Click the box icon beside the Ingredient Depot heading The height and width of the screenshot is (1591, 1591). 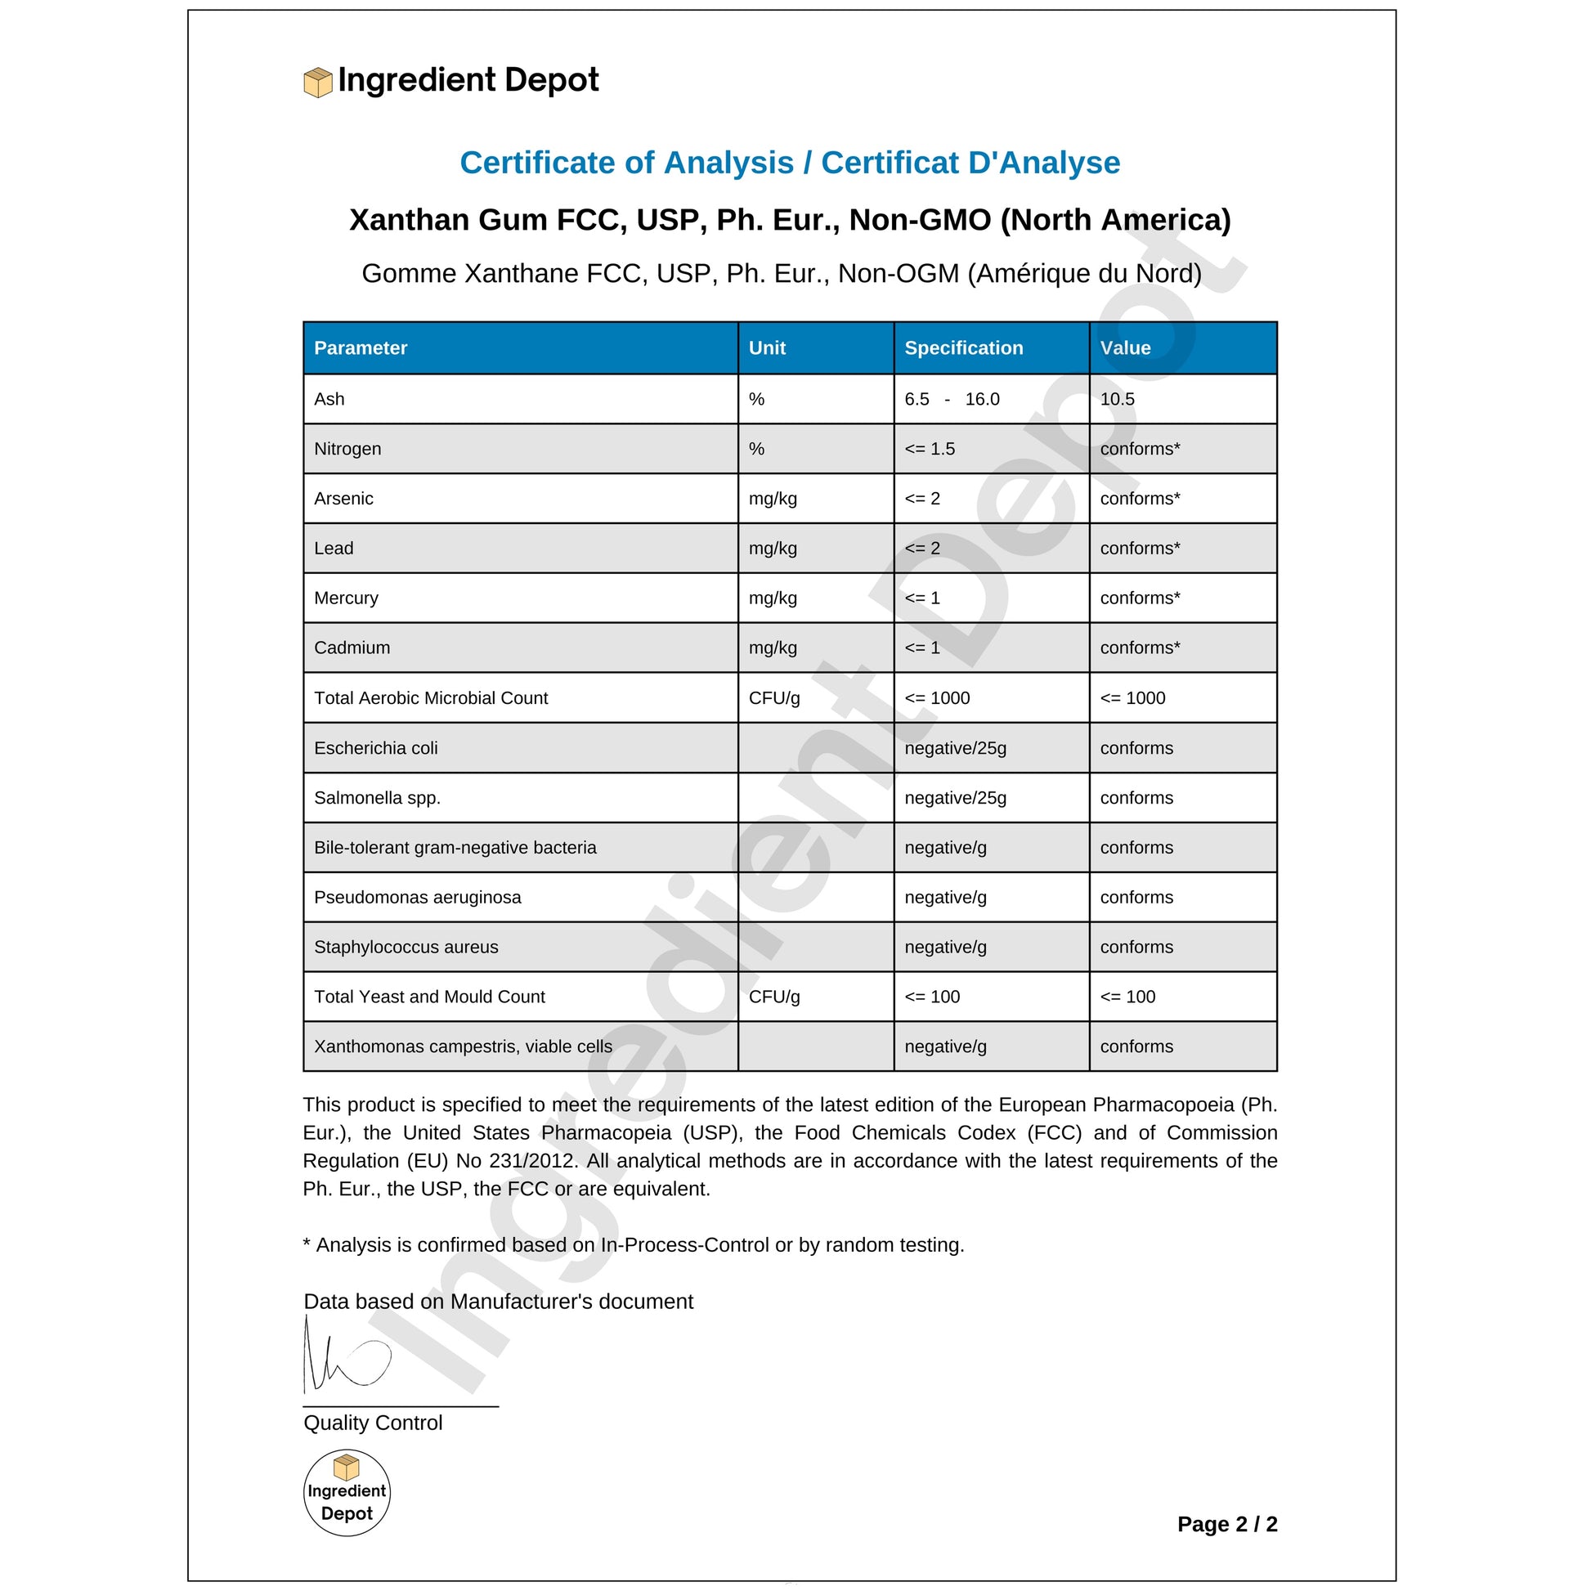(x=318, y=83)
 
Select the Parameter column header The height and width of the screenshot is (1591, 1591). (x=360, y=347)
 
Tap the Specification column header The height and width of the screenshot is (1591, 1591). (x=962, y=347)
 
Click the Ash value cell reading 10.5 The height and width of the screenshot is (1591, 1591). (x=1117, y=400)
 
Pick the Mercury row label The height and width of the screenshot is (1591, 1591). (x=346, y=598)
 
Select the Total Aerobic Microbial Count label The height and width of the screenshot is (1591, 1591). (x=430, y=697)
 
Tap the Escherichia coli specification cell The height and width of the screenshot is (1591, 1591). (x=954, y=748)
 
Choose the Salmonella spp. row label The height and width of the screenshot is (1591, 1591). (x=376, y=797)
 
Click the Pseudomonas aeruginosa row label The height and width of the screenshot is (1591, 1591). (x=417, y=897)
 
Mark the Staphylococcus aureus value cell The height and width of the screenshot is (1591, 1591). (x=1136, y=947)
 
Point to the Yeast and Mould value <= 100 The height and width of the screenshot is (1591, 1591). (x=1127, y=997)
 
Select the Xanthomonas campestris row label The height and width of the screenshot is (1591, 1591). (x=462, y=1046)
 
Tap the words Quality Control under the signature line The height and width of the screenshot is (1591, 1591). (x=372, y=1423)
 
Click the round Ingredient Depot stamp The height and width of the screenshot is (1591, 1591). (x=347, y=1492)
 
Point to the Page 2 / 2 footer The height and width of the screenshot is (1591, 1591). (x=1226, y=1524)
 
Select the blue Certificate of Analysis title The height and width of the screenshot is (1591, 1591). (x=789, y=162)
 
